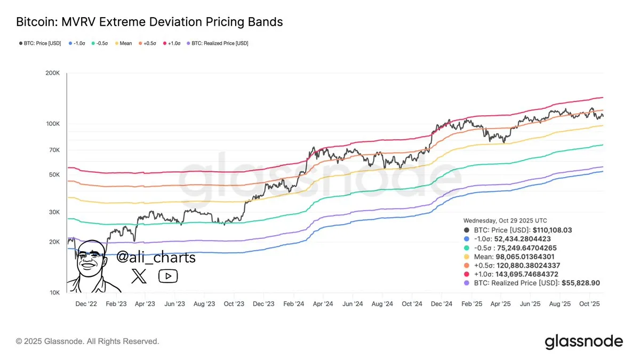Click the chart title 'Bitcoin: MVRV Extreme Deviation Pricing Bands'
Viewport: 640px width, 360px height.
(149, 22)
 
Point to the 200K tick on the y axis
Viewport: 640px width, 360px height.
(52, 73)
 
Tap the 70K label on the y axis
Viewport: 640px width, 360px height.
(54, 150)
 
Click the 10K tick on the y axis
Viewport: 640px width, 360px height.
(54, 293)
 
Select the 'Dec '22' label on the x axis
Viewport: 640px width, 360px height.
(86, 304)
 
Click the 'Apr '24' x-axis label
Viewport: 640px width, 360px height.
(322, 304)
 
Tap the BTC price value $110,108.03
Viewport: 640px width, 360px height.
(553, 230)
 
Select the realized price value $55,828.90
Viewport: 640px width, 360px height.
(581, 283)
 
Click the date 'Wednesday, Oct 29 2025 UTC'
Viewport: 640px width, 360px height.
(505, 220)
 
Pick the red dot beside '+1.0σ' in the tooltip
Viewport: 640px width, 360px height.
(467, 274)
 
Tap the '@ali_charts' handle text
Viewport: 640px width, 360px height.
(156, 258)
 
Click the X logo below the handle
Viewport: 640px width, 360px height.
(139, 276)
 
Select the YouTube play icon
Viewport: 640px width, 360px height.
(168, 276)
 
